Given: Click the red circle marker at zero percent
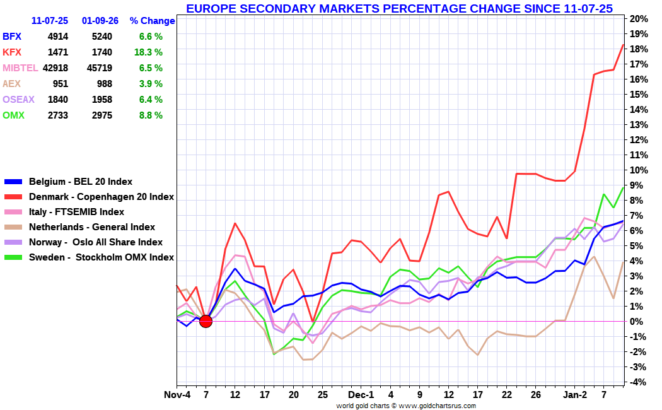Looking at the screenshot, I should click(206, 321).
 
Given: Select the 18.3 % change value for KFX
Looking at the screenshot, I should click(148, 52).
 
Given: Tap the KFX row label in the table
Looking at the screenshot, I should click(12, 52).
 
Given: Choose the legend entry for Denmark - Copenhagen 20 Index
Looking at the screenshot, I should click(102, 197).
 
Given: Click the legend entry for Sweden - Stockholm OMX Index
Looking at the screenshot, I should click(102, 257).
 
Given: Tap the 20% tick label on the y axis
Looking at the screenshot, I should click(639, 18).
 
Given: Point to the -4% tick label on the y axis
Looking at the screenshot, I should click(639, 382).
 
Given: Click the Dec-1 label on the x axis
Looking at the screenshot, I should click(361, 395).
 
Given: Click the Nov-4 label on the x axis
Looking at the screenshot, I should click(177, 395).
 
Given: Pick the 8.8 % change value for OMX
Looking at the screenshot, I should click(151, 115).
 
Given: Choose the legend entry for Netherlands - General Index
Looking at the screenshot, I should click(92, 227).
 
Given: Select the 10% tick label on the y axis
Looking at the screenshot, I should click(639, 170).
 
